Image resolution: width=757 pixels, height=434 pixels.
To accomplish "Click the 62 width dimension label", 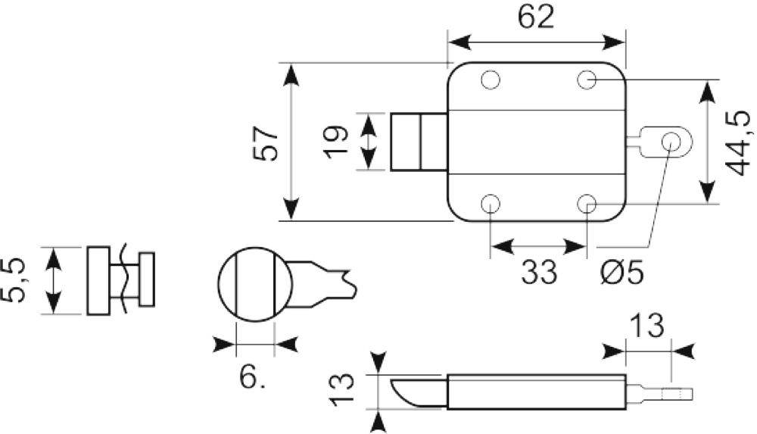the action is [x=536, y=17].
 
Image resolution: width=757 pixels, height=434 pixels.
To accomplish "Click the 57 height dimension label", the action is [x=266, y=144].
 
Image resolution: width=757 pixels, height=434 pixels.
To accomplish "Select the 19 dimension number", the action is [x=336, y=142].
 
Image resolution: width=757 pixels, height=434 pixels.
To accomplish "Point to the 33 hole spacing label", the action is [x=539, y=272].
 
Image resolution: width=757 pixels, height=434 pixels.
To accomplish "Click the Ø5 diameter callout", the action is [x=622, y=272].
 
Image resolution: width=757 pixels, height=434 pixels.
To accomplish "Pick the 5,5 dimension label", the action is [x=13, y=281].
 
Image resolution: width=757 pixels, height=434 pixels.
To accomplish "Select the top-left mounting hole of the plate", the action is [x=490, y=80].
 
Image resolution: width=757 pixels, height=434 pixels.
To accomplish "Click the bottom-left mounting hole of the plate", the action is [x=490, y=204].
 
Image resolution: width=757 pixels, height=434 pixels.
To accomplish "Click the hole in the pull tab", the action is [x=671, y=142].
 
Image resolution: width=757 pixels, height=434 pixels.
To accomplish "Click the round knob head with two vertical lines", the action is [x=255, y=284].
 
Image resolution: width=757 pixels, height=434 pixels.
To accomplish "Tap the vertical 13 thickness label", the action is [x=341, y=389].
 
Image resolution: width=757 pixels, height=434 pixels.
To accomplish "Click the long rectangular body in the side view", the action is [x=537, y=392].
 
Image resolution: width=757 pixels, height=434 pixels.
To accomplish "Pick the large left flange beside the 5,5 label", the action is [x=98, y=281].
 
